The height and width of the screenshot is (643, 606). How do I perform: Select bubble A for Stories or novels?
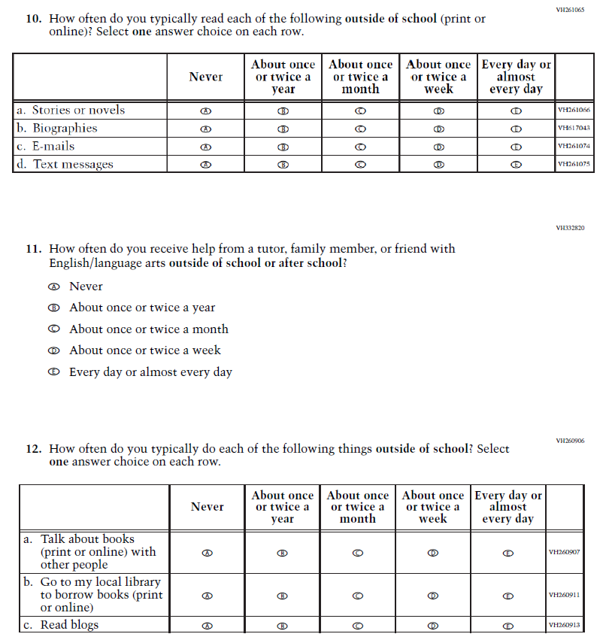[205, 111]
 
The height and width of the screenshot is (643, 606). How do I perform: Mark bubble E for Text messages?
[515, 165]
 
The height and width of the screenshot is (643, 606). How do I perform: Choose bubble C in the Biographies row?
[360, 129]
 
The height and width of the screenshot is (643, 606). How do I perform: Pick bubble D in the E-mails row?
[438, 147]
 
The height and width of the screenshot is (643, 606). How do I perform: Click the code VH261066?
[574, 111]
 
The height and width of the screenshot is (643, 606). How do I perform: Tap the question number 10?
[33, 19]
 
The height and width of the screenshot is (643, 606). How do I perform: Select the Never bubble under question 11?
[53, 287]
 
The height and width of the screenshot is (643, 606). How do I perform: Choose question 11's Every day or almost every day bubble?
[53, 372]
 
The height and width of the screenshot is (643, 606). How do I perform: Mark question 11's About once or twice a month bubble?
[53, 329]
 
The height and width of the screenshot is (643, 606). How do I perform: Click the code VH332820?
[570, 228]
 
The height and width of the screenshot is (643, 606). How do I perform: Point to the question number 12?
[33, 449]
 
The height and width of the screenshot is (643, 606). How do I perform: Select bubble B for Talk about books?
[283, 553]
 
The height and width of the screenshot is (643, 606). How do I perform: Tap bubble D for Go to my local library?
[432, 596]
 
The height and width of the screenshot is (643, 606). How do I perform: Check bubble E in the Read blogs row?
[508, 625]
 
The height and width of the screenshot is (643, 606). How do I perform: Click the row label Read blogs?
[69, 625]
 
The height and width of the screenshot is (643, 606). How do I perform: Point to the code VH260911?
[564, 596]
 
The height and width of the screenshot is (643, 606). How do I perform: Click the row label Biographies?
[65, 129]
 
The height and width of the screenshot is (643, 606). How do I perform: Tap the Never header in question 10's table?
[206, 77]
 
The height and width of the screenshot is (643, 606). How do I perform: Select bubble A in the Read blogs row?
[208, 625]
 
